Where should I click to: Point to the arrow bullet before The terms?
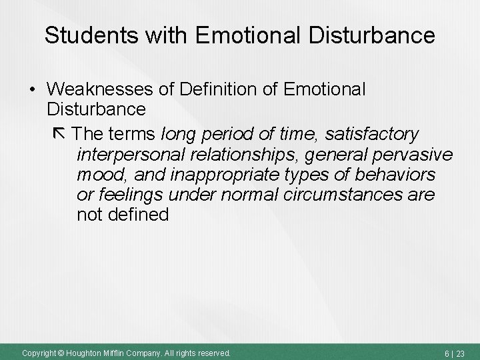click(x=58, y=135)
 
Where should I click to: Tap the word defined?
click(x=138, y=215)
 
